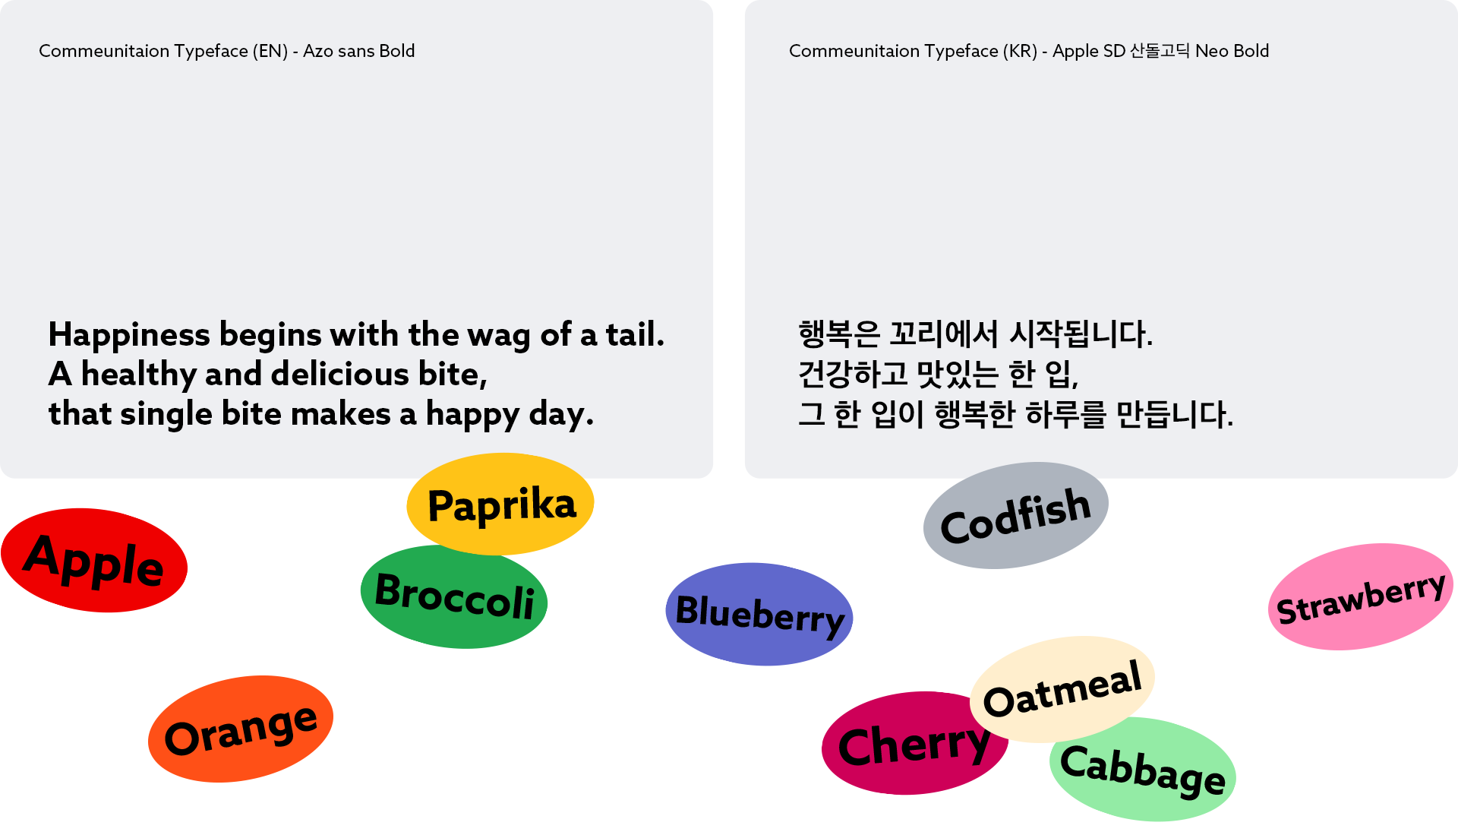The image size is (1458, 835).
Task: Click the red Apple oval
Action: click(x=94, y=560)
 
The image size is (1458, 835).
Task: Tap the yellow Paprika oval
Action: click(x=500, y=504)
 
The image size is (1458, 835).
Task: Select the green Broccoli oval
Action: click(x=454, y=596)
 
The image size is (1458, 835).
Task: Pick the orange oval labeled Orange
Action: click(x=241, y=729)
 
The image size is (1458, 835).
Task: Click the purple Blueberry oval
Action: click(x=759, y=614)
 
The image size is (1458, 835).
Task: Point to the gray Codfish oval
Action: click(x=1016, y=515)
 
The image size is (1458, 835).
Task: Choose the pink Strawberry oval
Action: click(x=1361, y=596)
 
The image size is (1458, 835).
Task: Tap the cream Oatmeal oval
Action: click(x=1062, y=689)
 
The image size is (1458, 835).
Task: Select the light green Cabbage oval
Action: click(x=1143, y=769)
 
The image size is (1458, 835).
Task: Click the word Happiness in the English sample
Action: click(x=129, y=335)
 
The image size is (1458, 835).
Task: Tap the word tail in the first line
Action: click(x=635, y=334)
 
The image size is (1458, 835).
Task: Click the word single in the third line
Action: click(x=166, y=415)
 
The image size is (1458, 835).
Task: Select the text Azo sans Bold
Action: click(x=359, y=51)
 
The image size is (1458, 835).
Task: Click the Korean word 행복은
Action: click(x=839, y=334)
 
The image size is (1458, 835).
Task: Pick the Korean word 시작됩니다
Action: click(x=1081, y=334)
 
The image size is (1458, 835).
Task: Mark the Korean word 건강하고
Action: click(x=853, y=374)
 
